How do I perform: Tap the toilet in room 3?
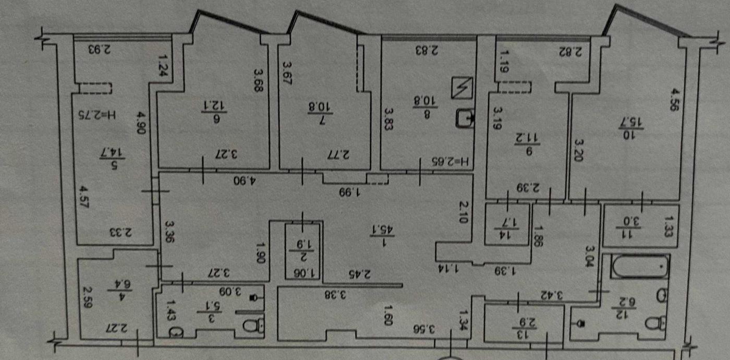pyautogui.click(x=255, y=327)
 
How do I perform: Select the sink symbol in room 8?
pyautogui.click(x=464, y=118)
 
